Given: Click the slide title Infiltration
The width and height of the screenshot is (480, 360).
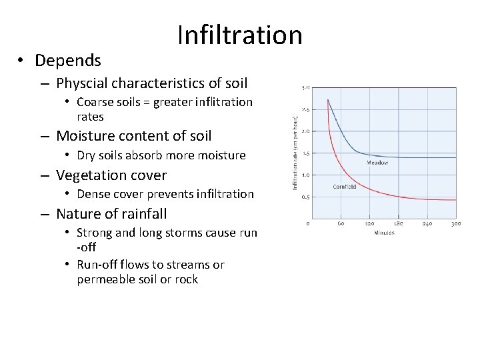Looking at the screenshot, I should (x=240, y=35).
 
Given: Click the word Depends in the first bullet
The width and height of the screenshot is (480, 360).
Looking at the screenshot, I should (x=68, y=61).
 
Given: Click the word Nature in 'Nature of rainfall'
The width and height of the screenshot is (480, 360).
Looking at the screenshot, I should (x=77, y=214).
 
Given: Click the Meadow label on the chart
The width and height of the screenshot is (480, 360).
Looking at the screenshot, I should (x=377, y=162).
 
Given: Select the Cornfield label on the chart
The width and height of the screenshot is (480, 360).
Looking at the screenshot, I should (x=344, y=187).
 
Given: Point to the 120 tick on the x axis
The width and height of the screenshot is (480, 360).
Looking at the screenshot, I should (x=369, y=224).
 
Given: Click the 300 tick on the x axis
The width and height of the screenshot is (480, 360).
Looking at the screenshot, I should (x=456, y=224).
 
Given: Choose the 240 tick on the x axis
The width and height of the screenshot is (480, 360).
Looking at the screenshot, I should (x=427, y=224).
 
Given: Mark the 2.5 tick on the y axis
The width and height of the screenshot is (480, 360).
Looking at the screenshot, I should (x=305, y=109).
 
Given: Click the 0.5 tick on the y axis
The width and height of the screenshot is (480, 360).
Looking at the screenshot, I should (x=305, y=197).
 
